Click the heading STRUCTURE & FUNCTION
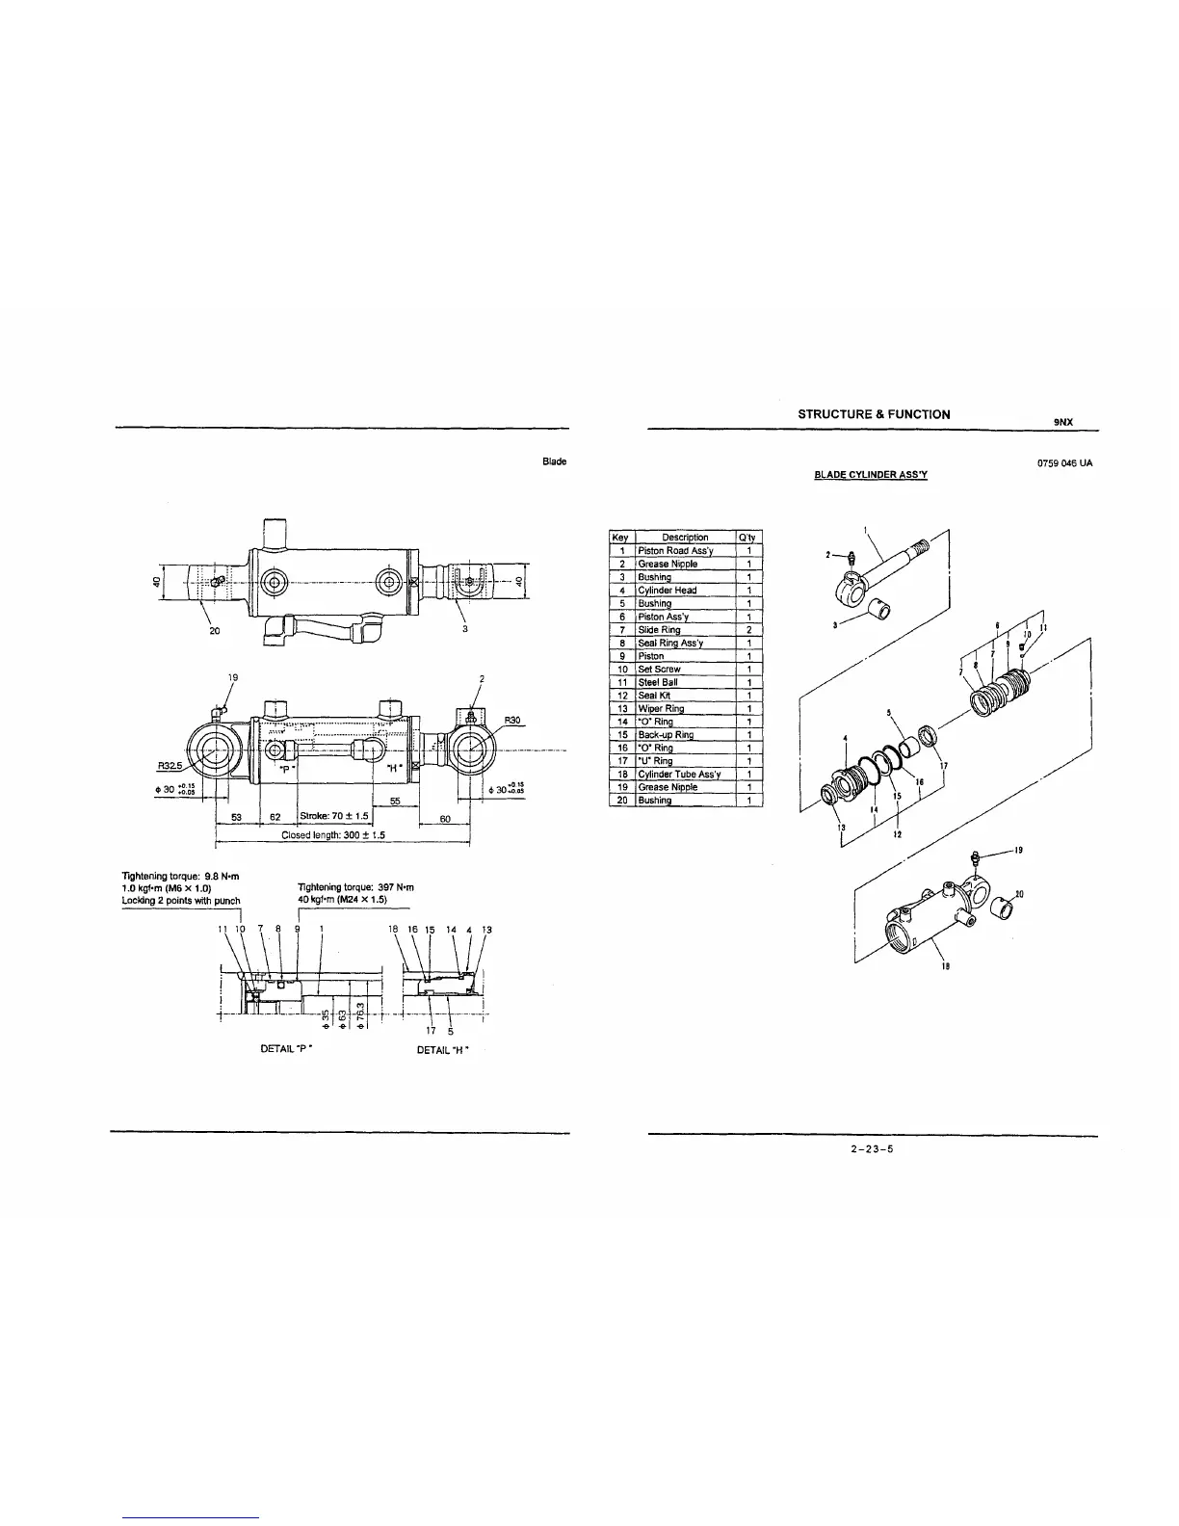pos(874,414)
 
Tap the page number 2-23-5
pos(873,1148)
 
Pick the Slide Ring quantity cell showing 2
pos(748,630)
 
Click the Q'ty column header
pos(748,538)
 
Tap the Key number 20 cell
pos(622,801)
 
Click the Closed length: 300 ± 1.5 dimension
pos(332,835)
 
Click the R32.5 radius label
pos(171,767)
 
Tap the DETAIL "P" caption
pos(289,1049)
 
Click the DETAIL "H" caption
pos(442,1049)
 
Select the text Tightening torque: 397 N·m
pos(354,887)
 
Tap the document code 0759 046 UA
pos(1064,463)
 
